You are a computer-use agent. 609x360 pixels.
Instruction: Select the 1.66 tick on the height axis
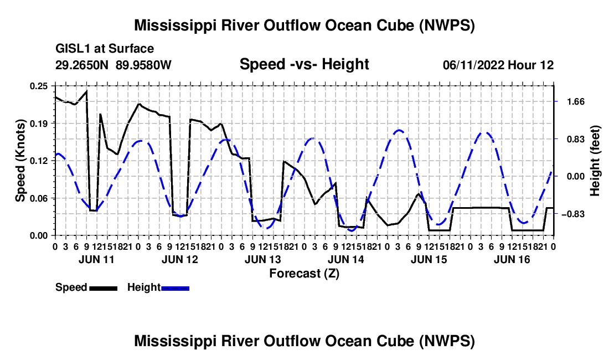tap(576, 102)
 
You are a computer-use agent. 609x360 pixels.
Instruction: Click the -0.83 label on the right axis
tap(574, 214)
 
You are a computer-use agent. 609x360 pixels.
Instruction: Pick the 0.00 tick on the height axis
tap(576, 177)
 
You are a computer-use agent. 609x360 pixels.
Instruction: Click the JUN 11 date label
tap(96, 259)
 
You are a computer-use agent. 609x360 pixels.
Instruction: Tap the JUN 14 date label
tap(345, 259)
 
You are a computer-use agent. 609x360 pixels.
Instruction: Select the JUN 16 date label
tap(512, 259)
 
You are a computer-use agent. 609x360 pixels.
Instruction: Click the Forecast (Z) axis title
tap(304, 274)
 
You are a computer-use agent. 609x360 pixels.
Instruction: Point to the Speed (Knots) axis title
tap(20, 161)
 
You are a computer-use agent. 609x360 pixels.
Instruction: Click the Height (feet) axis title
tap(595, 161)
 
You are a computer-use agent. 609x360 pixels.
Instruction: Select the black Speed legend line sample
tap(104, 288)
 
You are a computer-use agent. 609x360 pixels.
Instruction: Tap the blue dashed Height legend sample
tap(175, 288)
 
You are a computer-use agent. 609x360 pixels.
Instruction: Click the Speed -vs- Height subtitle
tap(304, 64)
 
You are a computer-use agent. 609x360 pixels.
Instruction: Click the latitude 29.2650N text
tap(82, 65)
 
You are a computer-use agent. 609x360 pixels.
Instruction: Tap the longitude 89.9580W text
tap(143, 65)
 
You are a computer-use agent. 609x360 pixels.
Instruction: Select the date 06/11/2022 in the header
tap(473, 65)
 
